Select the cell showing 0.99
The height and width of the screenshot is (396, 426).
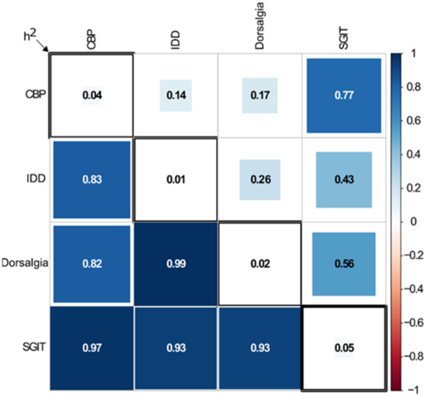pos(176,264)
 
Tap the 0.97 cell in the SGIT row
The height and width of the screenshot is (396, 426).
pos(92,349)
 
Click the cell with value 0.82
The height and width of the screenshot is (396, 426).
pos(92,264)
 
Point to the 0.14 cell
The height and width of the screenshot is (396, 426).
pos(176,95)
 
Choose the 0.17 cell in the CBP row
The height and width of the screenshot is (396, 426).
pos(259,95)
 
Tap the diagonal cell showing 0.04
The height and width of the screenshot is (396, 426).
pos(92,95)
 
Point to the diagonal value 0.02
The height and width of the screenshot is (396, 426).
pos(259,264)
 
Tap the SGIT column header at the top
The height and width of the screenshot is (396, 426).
pos(344,34)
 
